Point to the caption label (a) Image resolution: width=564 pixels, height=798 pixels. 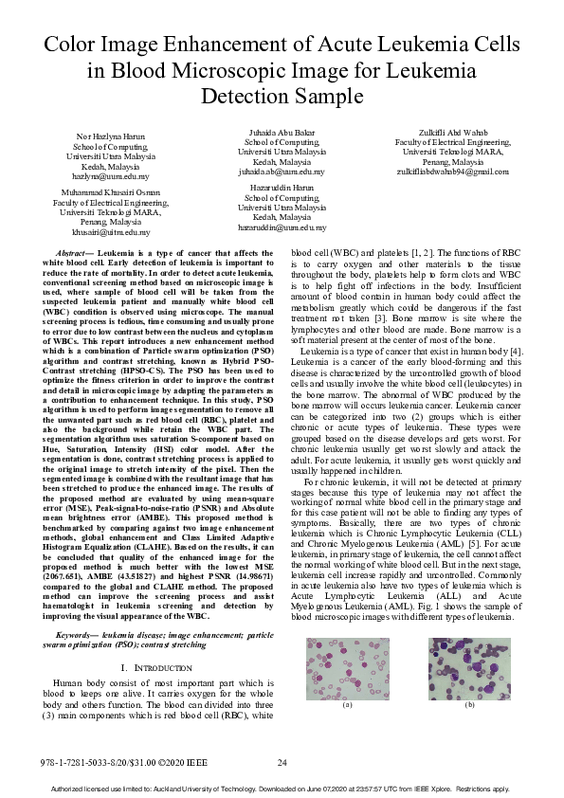tap(346, 705)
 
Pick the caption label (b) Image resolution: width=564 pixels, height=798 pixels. tap(469, 705)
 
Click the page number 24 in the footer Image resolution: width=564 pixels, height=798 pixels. tap(282, 762)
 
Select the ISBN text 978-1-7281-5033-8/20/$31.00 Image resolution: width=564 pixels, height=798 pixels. tap(104, 762)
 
